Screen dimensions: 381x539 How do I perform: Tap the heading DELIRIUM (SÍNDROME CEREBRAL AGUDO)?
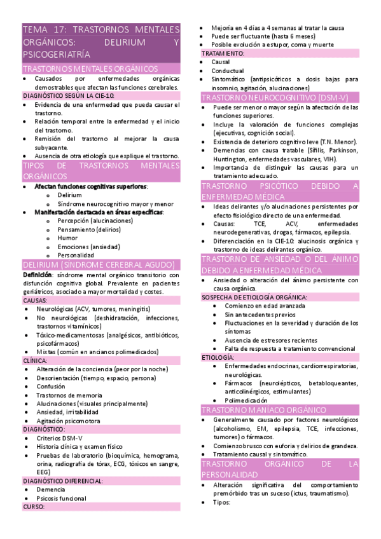click(98, 264)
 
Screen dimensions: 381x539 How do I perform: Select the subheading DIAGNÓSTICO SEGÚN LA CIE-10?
click(68, 95)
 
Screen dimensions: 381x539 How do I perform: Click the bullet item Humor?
click(67, 238)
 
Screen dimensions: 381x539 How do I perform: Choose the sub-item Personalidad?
click(76, 255)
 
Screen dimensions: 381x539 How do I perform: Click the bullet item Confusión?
click(50, 386)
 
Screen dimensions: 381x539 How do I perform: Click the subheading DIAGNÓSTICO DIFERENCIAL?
click(62, 481)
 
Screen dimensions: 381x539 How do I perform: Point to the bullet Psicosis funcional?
click(61, 498)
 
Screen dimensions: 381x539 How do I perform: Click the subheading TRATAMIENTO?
click(223, 54)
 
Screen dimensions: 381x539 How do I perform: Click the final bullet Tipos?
click(221, 502)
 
